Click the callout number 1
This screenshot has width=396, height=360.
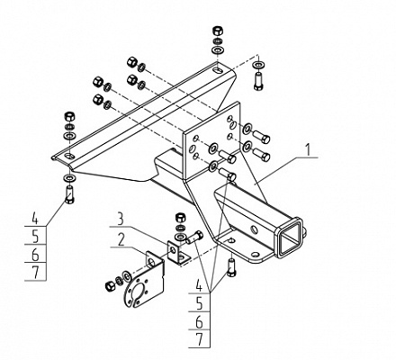pos(308,149)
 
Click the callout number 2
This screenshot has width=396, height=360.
pos(121,240)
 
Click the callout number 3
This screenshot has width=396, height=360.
pos(120,220)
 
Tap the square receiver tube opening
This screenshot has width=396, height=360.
pos(289,237)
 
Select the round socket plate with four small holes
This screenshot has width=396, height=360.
pos(139,289)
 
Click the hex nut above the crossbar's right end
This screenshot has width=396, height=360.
pos(217,31)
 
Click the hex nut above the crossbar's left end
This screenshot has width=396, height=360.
pos(69,116)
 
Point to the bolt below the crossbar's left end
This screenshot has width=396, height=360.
pos(69,194)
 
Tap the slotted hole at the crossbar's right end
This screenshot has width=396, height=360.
pos(217,71)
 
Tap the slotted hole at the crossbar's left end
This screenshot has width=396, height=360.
pos(70,156)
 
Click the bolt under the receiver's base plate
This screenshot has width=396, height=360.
pos(231,268)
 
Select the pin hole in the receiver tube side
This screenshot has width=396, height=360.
pos(254,230)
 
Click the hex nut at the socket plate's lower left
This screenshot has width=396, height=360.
pos(110,286)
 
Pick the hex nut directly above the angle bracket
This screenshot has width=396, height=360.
pos(180,217)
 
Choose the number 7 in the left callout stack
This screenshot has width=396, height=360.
pos(36,272)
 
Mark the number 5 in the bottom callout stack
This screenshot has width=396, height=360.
pos(199,303)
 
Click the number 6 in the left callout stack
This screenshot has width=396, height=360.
pos(35,255)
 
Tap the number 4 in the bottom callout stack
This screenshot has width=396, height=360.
pos(199,285)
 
